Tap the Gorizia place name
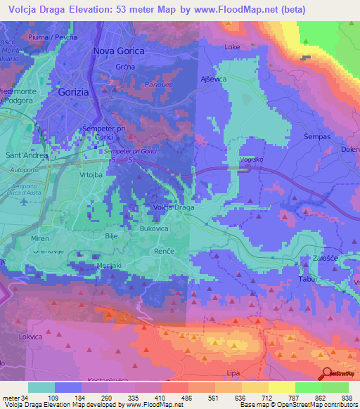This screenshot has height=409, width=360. click(75, 92)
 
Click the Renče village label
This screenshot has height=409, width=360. click(164, 250)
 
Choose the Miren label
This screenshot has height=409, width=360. click(40, 239)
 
